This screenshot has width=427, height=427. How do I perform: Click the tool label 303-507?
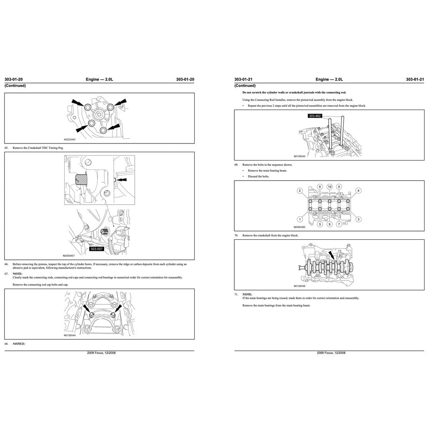point(96,249)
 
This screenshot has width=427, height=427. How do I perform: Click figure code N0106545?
point(299,156)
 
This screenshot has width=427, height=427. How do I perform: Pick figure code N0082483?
point(299,227)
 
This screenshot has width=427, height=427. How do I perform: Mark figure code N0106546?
point(299,286)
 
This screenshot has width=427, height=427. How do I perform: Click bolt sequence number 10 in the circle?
point(329,186)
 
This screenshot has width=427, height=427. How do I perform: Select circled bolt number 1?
point(299,219)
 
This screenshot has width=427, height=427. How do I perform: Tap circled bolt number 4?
point(359,191)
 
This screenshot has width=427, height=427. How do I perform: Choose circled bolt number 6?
point(320,186)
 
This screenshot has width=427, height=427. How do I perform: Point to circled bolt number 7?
point(339,224)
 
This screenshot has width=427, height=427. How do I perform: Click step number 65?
point(7,148)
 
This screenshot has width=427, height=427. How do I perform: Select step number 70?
point(236,236)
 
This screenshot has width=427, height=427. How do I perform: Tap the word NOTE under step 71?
point(247,294)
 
